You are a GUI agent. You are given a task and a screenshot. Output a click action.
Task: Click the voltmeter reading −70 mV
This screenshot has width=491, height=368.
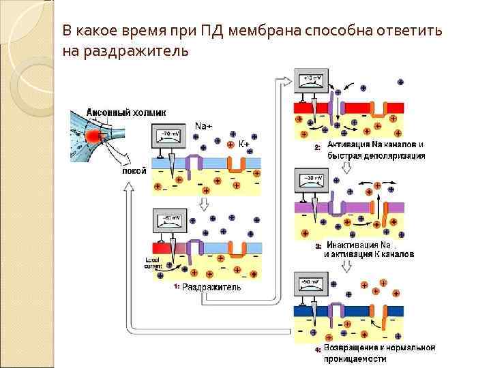click(x=168, y=138)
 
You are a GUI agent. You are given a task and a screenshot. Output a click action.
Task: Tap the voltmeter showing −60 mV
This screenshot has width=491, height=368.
click(x=168, y=223)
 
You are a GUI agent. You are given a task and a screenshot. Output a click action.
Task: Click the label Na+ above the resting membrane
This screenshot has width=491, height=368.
click(x=203, y=126)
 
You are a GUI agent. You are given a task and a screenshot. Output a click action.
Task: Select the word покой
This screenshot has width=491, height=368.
click(x=134, y=171)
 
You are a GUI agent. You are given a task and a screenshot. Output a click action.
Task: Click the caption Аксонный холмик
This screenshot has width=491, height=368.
click(x=126, y=112)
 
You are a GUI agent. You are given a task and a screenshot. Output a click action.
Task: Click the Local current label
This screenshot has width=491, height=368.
click(x=153, y=264)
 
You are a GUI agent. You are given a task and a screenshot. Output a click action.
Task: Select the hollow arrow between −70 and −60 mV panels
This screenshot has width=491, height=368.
click(x=203, y=204)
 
